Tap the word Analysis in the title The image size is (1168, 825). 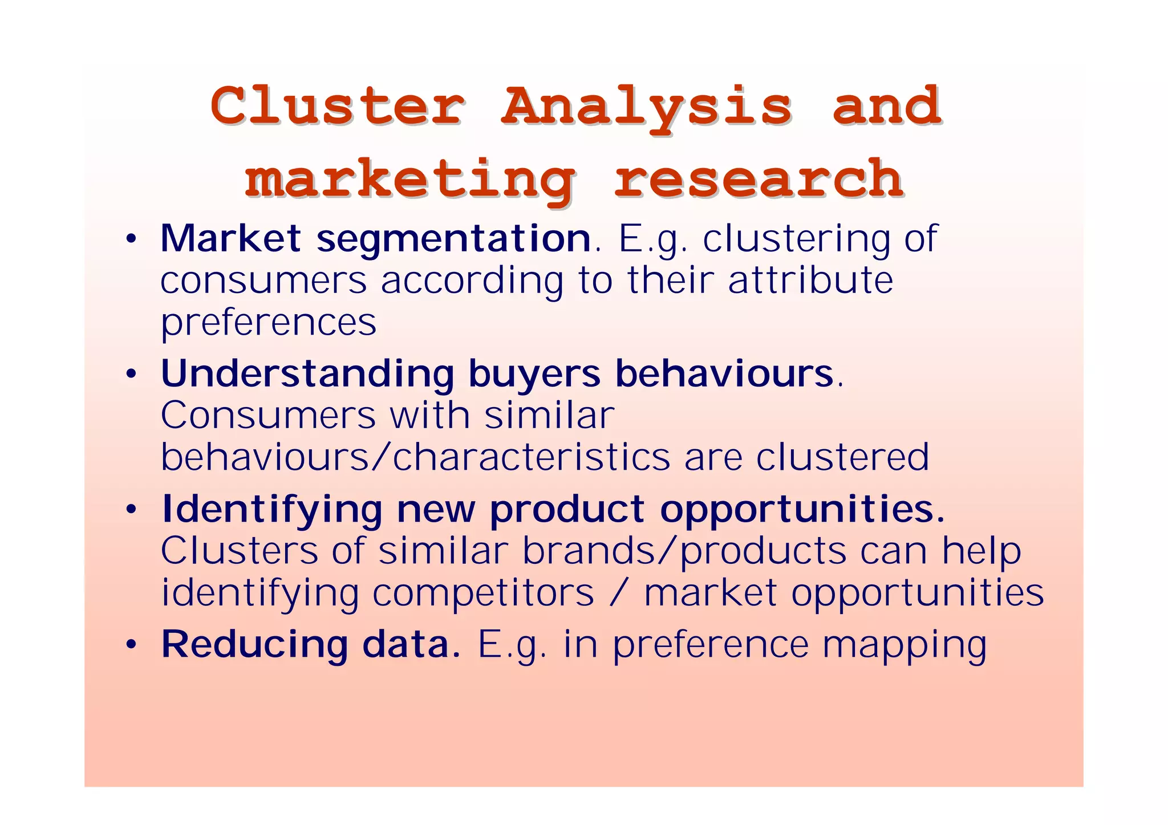click(x=646, y=107)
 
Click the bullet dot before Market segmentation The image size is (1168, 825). click(x=131, y=239)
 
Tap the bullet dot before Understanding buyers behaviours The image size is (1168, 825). click(x=131, y=375)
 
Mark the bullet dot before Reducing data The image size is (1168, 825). click(x=131, y=645)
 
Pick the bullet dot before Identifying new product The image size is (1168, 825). click(x=131, y=510)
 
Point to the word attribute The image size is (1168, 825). click(x=810, y=281)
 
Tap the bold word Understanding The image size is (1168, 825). click(x=307, y=375)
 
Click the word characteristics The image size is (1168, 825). click(x=532, y=457)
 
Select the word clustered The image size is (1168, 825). click(x=842, y=457)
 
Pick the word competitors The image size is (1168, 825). click(x=483, y=593)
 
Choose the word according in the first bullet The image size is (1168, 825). click(x=472, y=282)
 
